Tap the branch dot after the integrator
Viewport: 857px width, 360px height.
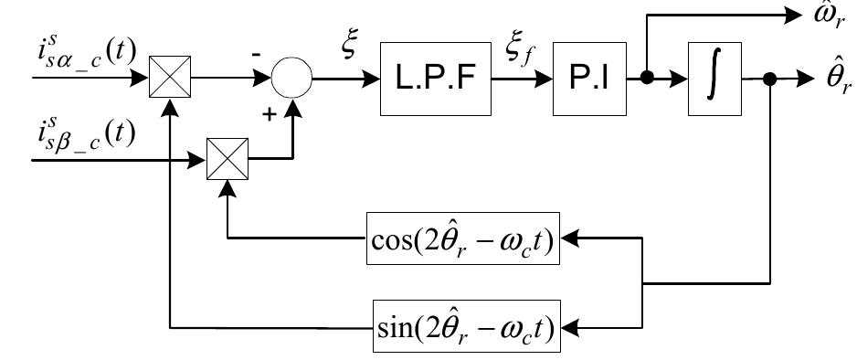(769, 79)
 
